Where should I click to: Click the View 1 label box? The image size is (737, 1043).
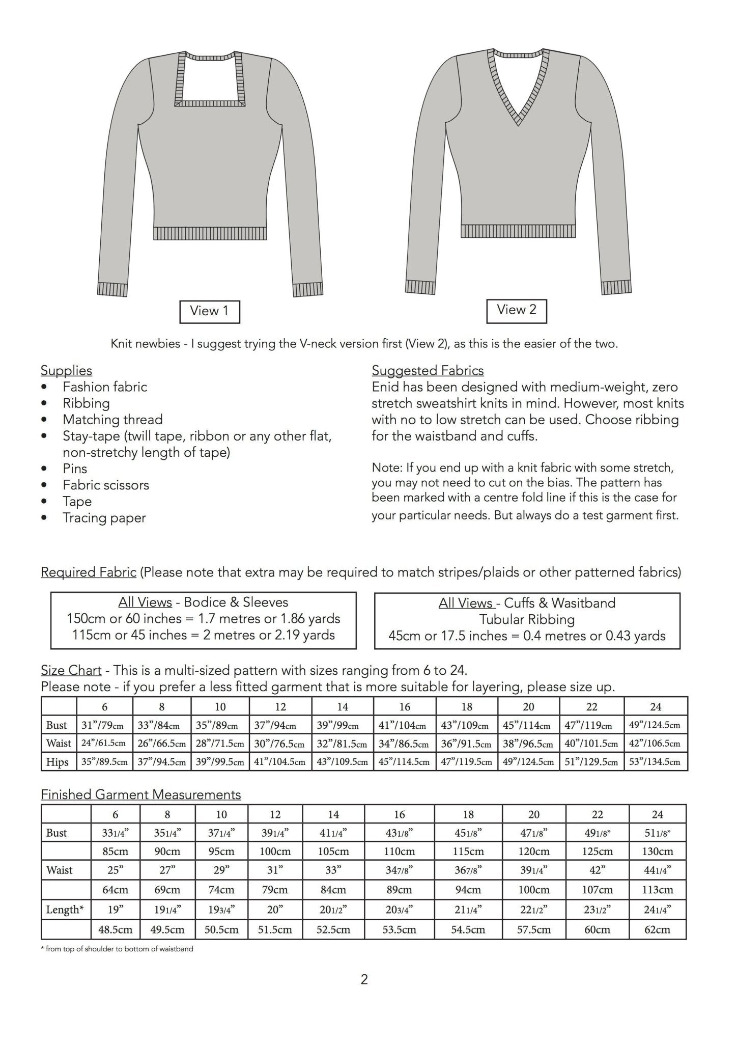tap(209, 311)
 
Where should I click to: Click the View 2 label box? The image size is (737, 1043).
tap(516, 311)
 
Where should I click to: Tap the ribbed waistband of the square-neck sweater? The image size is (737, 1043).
tap(210, 233)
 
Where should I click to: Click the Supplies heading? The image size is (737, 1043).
tap(66, 370)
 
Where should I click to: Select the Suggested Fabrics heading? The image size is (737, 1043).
tap(428, 370)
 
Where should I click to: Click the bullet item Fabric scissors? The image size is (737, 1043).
tap(106, 485)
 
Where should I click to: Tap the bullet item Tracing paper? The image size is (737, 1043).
tap(104, 518)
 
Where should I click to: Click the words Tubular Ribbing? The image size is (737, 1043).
tap(527, 619)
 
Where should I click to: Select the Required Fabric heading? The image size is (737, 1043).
tap(89, 572)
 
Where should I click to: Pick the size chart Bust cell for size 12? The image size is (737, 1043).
tap(280, 725)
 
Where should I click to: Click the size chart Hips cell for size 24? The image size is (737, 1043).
tap(656, 762)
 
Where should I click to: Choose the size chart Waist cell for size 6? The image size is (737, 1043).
tap(105, 743)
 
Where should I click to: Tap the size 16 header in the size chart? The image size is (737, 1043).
tap(405, 706)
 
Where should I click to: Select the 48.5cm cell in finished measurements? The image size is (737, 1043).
tap(116, 929)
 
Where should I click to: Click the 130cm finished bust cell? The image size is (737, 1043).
tap(658, 851)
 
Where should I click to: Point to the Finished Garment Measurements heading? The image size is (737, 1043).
tap(141, 794)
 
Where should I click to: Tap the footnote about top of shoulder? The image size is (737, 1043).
tap(117, 949)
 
